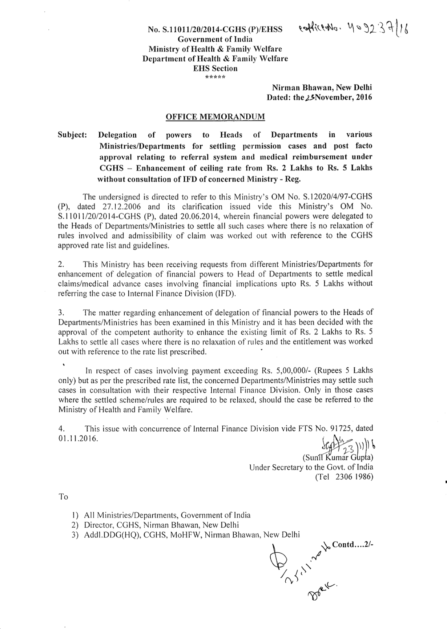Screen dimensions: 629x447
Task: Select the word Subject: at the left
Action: pyautogui.click(x=72, y=135)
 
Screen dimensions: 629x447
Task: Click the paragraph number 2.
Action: pyautogui.click(x=61, y=264)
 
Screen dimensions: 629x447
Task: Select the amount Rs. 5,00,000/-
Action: pyautogui.click(x=284, y=371)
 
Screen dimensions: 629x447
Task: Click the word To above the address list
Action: pyautogui.click(x=63, y=497)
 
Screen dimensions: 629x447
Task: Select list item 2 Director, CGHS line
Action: pyautogui.click(x=161, y=525)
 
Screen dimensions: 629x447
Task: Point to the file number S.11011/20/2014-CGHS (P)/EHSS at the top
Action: pyautogui.click(x=215, y=29)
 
